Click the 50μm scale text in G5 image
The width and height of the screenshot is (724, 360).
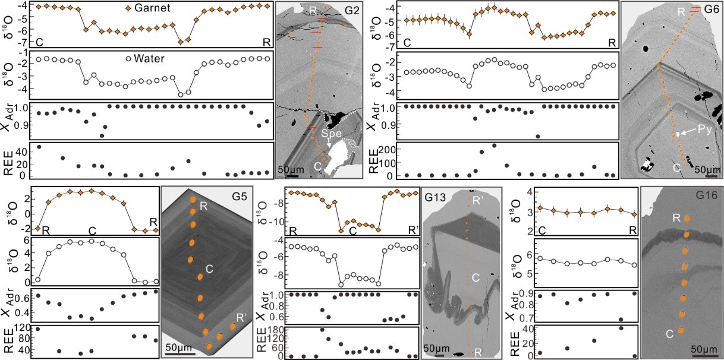[177, 346]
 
